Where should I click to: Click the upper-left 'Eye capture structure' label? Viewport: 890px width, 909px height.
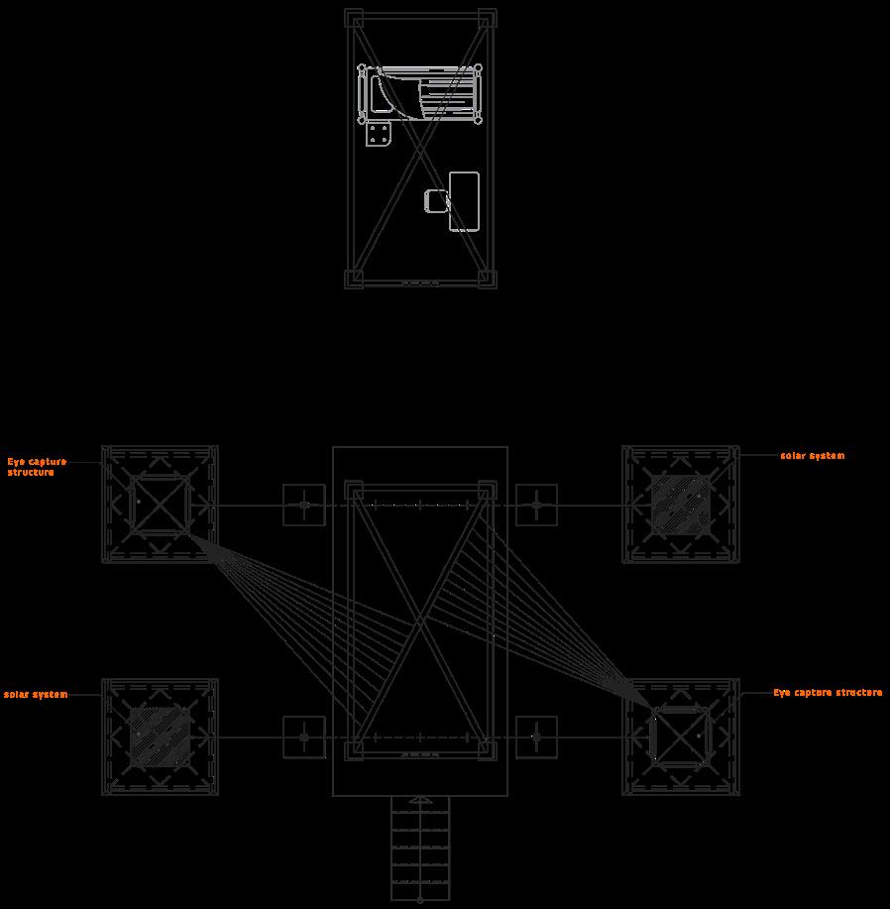[38, 467]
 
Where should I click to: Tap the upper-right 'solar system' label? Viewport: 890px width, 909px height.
[812, 456]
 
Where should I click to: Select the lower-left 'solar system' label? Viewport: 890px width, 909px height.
[36, 695]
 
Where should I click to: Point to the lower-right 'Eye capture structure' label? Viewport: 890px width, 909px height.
[828, 693]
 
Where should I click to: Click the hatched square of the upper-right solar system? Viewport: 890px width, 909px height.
[681, 505]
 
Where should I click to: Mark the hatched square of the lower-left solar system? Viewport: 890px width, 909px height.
[160, 737]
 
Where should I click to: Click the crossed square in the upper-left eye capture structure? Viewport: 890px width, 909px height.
[160, 505]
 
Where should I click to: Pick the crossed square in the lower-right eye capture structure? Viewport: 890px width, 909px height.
[681, 737]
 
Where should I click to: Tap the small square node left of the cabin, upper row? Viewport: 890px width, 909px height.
[304, 506]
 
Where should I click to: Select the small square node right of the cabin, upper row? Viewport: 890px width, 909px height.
[536, 506]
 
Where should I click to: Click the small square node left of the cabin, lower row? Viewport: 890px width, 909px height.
[304, 738]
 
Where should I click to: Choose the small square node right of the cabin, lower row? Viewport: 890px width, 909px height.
[536, 738]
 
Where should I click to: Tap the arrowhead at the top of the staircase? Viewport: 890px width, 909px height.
[420, 799]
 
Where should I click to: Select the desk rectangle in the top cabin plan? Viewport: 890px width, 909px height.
[464, 201]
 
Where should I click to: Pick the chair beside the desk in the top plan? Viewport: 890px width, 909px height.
[436, 201]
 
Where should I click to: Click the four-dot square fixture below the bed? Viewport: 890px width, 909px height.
[379, 134]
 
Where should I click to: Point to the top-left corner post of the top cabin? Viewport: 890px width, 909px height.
[354, 19]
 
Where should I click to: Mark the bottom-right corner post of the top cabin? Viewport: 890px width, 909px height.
[487, 280]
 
